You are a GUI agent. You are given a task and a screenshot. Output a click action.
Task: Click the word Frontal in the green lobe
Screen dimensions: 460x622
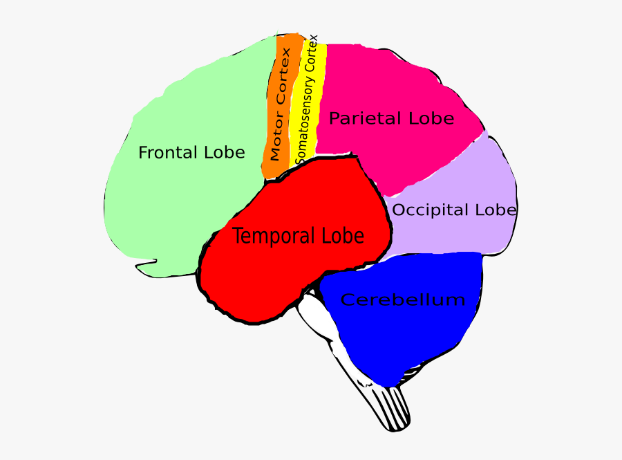[162, 152]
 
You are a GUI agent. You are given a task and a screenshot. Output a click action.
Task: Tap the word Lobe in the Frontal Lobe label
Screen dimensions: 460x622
[222, 152]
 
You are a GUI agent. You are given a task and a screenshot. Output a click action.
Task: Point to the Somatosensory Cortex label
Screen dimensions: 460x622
[306, 100]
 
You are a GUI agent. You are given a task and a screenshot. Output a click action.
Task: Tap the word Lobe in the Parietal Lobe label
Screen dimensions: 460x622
[431, 118]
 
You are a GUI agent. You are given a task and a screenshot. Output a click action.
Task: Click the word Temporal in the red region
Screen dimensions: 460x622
[273, 236]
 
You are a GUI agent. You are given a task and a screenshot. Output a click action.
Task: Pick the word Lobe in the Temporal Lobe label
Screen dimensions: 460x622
[340, 236]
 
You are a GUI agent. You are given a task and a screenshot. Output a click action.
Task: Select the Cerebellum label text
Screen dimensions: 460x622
[403, 300]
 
